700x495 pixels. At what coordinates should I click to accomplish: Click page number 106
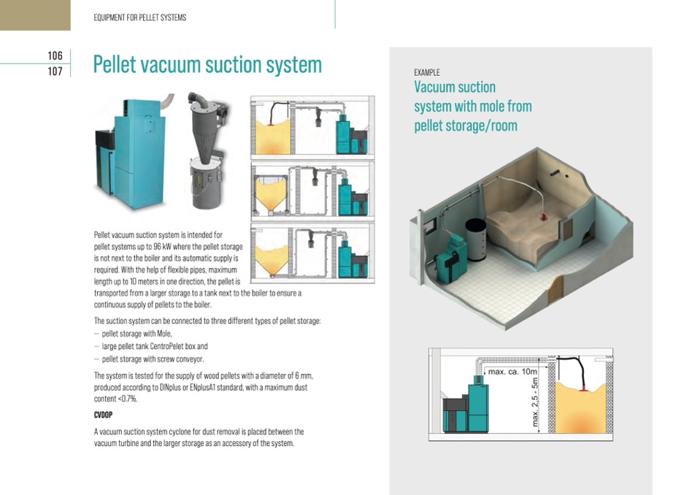coord(55,55)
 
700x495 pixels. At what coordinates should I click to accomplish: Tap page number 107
coord(55,72)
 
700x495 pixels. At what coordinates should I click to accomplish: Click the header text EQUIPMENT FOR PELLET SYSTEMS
coord(139,18)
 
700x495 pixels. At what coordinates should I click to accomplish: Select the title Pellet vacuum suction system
coord(207,65)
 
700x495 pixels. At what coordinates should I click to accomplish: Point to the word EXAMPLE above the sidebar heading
coord(427,72)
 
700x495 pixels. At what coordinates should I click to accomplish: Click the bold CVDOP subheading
coord(103,415)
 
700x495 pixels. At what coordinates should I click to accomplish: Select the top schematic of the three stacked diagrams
coord(312,127)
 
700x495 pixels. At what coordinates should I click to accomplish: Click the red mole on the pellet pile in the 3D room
coord(544,217)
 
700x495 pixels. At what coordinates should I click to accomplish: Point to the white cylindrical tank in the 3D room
coord(477,239)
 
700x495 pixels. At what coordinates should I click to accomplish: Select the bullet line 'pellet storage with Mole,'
coord(137,334)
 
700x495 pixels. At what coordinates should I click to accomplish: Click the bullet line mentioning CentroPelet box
coord(155,346)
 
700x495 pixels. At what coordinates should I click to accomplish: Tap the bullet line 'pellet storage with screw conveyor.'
coord(153,358)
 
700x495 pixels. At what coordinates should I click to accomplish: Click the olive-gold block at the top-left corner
coord(35,15)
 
